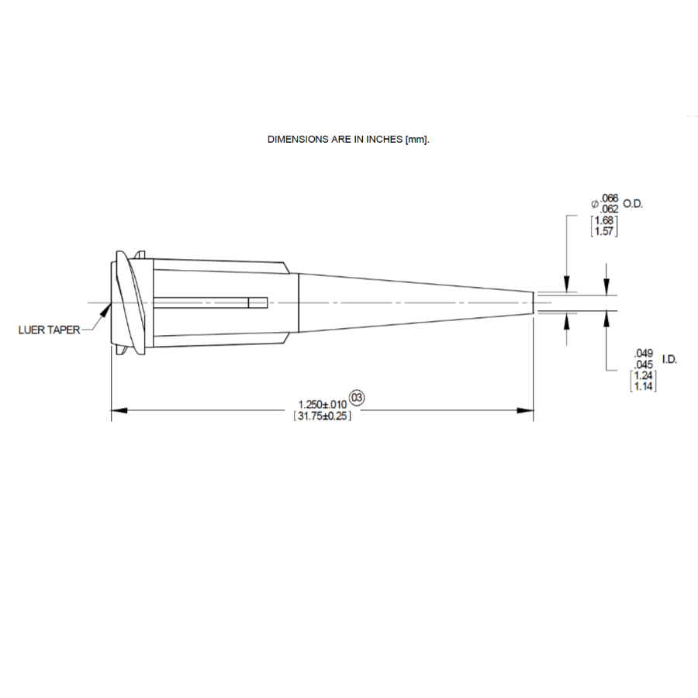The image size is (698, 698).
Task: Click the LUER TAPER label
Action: tap(49, 330)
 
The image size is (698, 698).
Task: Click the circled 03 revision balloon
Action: tap(357, 397)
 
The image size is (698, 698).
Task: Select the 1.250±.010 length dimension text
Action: tap(323, 404)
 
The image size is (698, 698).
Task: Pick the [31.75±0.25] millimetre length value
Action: tap(323, 416)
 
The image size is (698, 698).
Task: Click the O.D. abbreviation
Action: tap(633, 204)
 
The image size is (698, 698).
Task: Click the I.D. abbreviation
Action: tap(669, 359)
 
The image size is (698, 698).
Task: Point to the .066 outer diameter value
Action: tap(609, 198)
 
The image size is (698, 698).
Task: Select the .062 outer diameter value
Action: tap(609, 209)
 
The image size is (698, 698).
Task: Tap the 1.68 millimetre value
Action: tap(604, 220)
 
